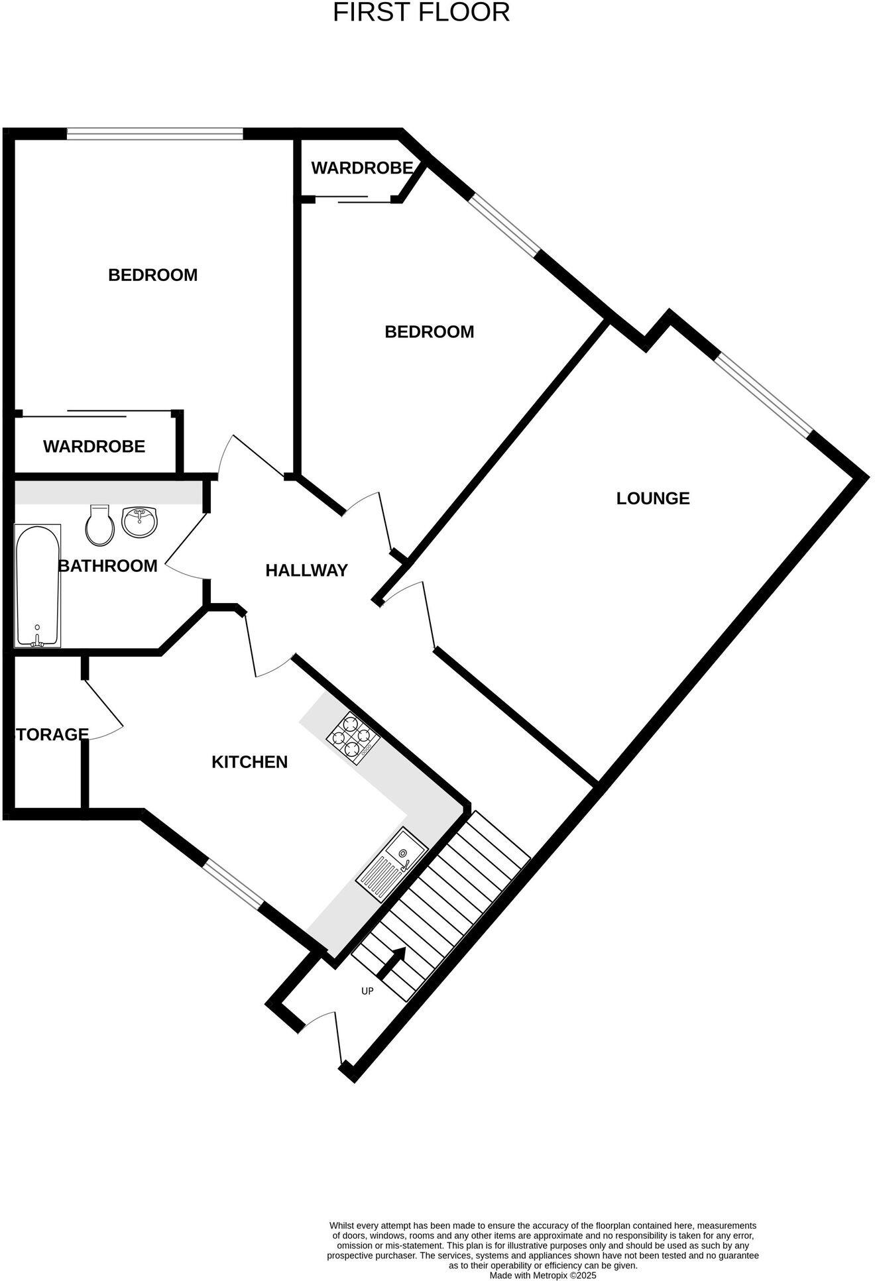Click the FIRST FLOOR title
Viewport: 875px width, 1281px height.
421,13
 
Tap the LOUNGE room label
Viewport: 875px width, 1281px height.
653,498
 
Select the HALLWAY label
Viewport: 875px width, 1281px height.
306,570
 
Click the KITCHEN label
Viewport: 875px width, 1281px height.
249,762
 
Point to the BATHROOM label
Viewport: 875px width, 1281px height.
108,566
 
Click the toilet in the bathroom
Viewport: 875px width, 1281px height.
100,524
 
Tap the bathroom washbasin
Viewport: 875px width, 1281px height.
140,522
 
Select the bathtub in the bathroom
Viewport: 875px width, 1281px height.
38,585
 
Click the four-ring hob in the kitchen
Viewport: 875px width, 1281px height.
353,737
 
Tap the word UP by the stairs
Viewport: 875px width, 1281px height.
367,991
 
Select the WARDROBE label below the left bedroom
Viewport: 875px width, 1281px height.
94,447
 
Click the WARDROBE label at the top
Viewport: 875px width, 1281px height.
362,168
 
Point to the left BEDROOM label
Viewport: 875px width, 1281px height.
152,275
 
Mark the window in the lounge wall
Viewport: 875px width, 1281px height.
763,394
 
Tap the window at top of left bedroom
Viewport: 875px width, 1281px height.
155,134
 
